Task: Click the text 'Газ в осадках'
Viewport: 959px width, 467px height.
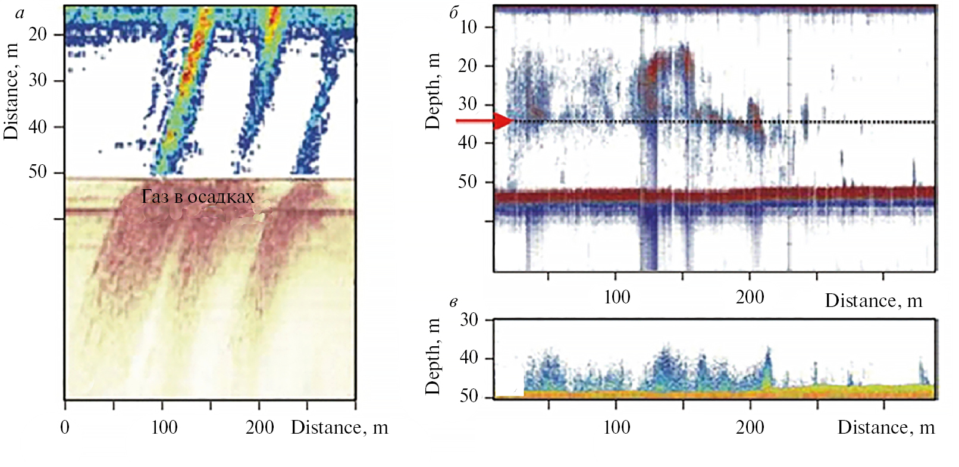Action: [198, 197]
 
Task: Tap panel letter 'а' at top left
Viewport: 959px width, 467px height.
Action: [21, 13]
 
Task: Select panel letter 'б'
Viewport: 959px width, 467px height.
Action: [454, 12]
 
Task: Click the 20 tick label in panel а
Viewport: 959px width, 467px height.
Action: [37, 35]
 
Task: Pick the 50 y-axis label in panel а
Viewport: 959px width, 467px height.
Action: [37, 172]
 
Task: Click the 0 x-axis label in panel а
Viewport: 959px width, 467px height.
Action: [65, 427]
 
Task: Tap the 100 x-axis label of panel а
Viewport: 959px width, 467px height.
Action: [164, 427]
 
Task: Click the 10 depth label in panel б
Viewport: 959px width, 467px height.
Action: [468, 27]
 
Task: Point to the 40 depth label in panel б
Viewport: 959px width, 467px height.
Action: [468, 143]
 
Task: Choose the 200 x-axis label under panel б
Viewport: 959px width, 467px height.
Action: [750, 297]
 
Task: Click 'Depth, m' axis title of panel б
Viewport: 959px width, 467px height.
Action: [433, 91]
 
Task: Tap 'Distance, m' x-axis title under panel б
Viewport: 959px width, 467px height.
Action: [873, 301]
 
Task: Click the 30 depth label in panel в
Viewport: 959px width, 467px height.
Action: [469, 320]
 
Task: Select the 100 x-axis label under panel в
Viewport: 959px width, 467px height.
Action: [616, 427]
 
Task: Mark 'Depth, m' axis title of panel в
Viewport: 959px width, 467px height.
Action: [433, 356]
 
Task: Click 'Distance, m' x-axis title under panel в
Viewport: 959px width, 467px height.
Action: [886, 427]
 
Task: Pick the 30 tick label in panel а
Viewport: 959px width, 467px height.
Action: [37, 80]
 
